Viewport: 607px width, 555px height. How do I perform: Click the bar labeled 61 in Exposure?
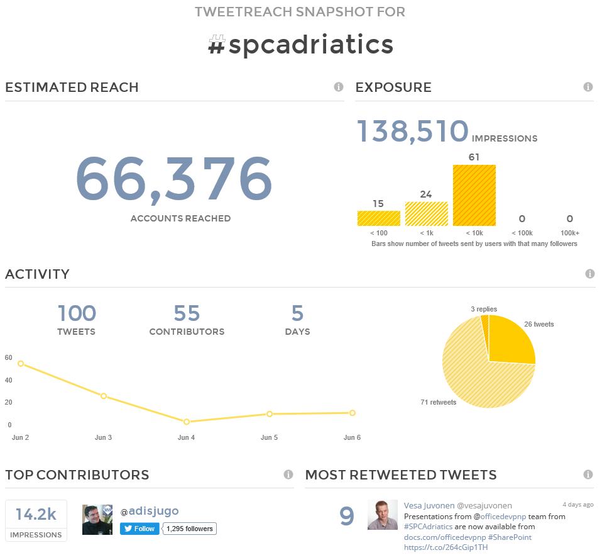(474, 195)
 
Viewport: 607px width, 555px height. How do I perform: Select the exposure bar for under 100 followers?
(379, 218)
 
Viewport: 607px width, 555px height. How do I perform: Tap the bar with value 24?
(427, 214)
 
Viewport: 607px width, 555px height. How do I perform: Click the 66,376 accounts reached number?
(174, 179)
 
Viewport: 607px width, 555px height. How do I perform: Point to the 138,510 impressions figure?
(413, 130)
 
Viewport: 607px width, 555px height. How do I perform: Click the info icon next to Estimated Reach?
(339, 87)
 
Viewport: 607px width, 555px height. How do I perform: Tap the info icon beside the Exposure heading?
(588, 87)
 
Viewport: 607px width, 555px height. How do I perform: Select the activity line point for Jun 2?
(21, 364)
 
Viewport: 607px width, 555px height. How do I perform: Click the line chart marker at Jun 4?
(187, 422)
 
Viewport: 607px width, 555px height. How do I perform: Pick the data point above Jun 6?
(353, 413)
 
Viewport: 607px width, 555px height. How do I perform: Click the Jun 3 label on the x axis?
(104, 437)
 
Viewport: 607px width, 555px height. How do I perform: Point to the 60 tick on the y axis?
(9, 357)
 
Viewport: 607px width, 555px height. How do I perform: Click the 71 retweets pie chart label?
(439, 402)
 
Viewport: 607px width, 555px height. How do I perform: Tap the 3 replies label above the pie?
(484, 309)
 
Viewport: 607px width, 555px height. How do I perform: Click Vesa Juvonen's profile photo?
(383, 515)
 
